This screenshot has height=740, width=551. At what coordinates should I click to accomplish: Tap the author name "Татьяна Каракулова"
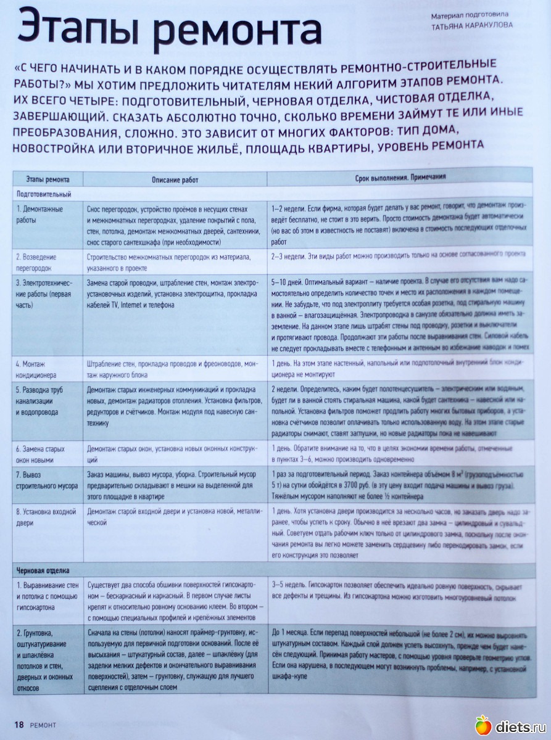tap(472, 25)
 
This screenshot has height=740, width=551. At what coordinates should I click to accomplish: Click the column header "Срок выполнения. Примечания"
tap(400, 177)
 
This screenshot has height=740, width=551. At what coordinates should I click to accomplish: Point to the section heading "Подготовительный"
tap(44, 194)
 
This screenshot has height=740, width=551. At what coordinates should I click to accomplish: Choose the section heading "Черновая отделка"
tap(43, 570)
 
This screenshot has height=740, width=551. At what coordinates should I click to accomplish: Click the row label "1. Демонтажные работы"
tap(39, 214)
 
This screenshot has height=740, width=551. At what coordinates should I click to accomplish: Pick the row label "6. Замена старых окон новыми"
tap(41, 454)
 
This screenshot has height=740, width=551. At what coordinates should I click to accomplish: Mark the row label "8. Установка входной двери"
tap(46, 517)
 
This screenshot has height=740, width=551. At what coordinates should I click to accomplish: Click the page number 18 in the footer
tap(19, 725)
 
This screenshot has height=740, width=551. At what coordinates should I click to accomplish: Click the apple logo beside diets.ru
tap(483, 725)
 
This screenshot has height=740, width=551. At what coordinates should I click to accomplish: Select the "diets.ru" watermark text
tap(518, 726)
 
